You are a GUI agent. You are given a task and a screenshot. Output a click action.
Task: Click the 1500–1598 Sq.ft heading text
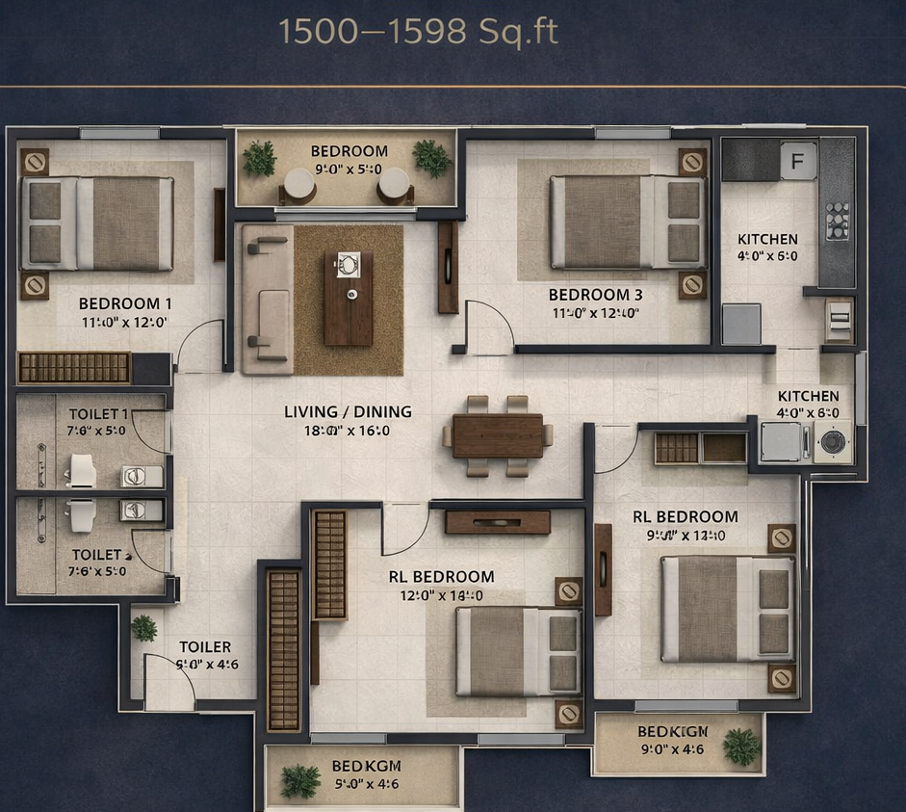(x=418, y=32)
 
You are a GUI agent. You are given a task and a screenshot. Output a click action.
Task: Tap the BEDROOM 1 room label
(x=125, y=303)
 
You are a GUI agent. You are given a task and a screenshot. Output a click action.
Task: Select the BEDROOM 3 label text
(x=595, y=295)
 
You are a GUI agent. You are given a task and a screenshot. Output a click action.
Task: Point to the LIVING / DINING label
(x=348, y=411)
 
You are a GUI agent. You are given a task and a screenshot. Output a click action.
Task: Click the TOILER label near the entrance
(x=205, y=647)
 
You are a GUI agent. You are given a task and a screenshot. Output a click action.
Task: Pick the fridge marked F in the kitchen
(x=796, y=161)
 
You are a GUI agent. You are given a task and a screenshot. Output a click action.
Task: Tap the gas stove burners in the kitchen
(x=837, y=221)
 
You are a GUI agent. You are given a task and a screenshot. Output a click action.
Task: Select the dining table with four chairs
(x=498, y=435)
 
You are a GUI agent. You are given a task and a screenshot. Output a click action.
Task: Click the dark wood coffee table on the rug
(x=348, y=297)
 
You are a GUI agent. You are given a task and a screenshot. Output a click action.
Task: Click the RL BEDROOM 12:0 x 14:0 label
(x=441, y=586)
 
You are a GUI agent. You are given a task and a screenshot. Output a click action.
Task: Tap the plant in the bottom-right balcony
(x=741, y=747)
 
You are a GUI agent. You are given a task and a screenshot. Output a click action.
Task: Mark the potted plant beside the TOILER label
(x=144, y=628)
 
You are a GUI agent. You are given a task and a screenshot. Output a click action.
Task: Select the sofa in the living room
(x=266, y=299)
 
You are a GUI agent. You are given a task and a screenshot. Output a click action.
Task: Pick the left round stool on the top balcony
(x=299, y=185)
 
